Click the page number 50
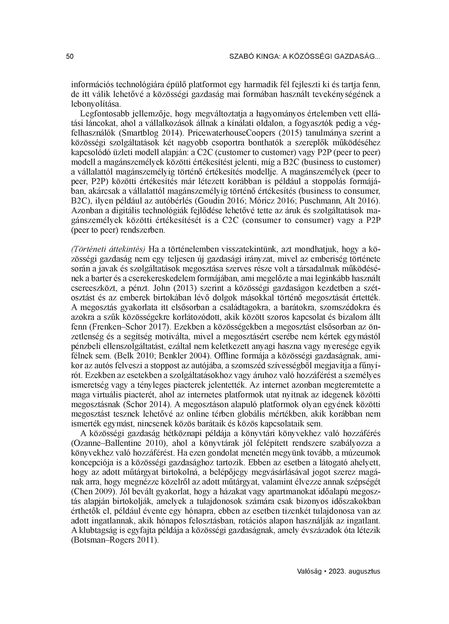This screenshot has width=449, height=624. coord(70,57)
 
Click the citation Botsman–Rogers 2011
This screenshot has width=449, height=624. coord(114,540)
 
